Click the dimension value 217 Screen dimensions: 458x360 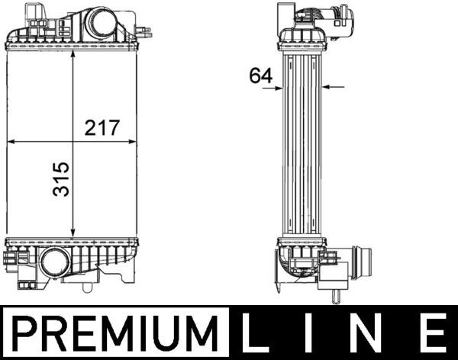click(x=102, y=127)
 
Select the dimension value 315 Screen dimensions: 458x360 click(x=61, y=179)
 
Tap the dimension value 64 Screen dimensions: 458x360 click(x=261, y=76)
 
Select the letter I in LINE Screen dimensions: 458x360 click(x=307, y=333)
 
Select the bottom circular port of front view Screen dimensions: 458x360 click(x=55, y=262)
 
